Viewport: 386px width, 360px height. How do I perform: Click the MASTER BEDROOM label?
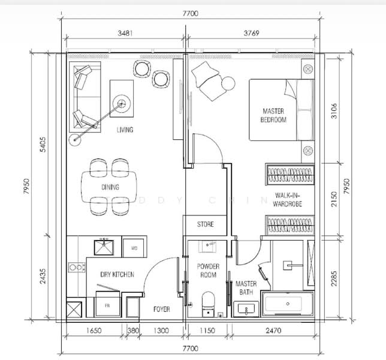[273, 115]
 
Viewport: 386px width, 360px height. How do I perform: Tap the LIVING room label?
[125, 130]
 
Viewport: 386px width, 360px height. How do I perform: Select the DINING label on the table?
[110, 187]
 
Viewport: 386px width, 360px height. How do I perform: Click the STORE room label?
[206, 224]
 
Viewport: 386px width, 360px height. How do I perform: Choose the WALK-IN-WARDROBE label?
[288, 200]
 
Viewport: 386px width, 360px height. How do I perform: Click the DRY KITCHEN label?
[117, 275]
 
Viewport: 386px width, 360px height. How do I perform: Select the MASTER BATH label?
[246, 288]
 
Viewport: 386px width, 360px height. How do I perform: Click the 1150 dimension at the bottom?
[206, 331]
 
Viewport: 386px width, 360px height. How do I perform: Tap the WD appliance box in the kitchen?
[132, 247]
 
